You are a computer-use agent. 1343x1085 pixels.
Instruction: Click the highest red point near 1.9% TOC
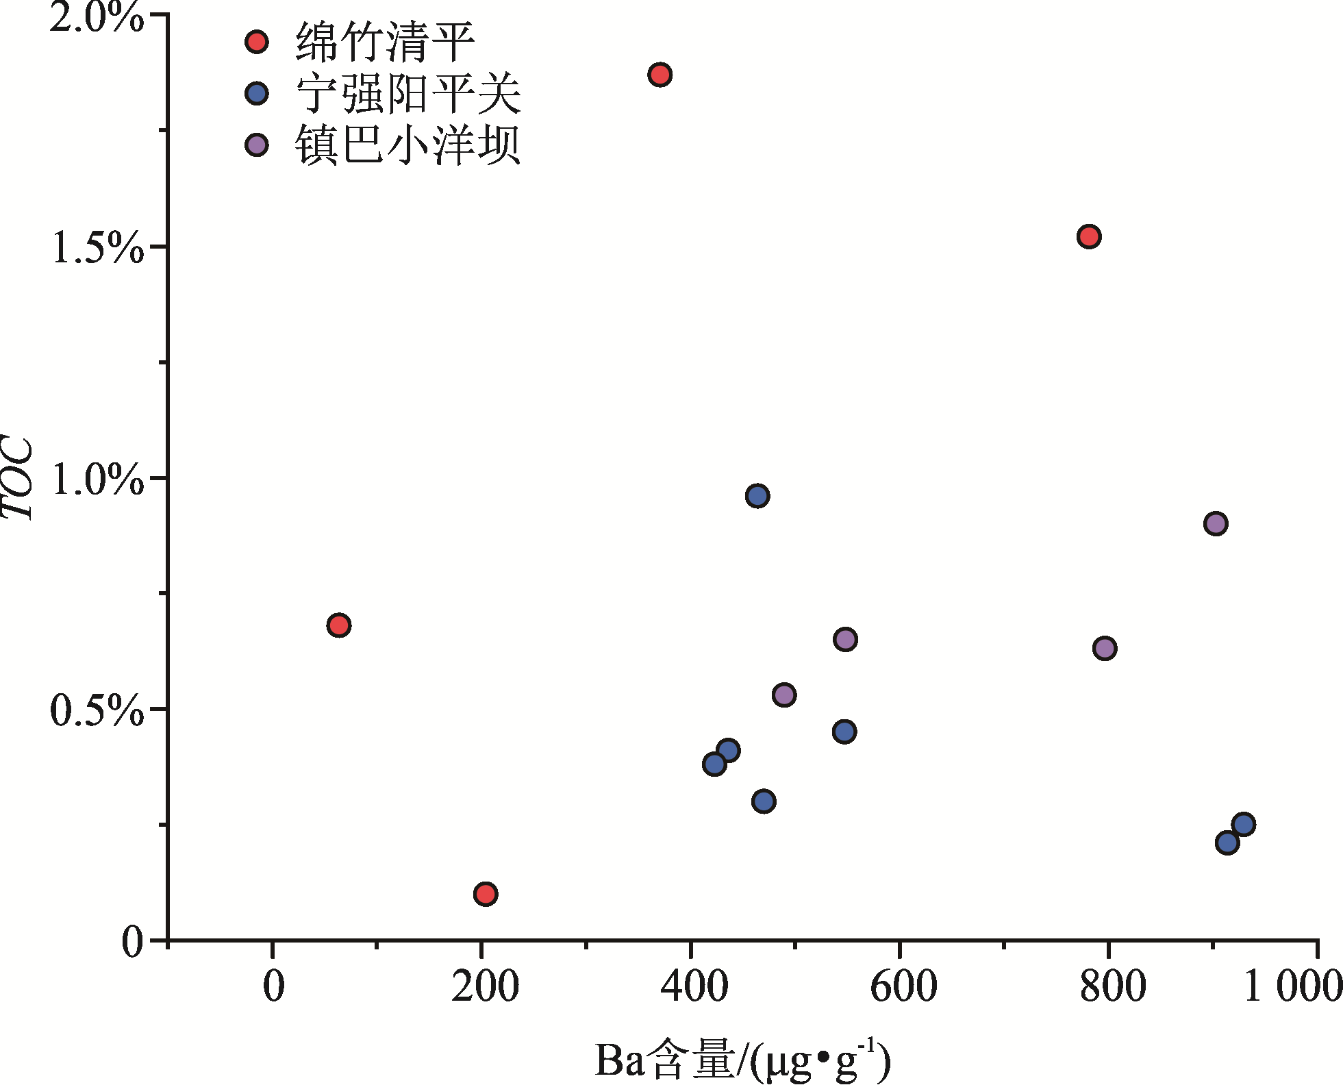660,74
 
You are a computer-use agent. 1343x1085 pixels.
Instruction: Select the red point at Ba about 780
1088,237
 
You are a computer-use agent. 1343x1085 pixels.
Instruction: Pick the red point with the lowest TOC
485,894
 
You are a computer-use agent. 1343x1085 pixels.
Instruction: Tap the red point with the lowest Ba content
338,625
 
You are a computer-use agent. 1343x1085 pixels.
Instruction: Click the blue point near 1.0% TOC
757,495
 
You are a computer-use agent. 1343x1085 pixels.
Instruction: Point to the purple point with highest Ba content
1215,524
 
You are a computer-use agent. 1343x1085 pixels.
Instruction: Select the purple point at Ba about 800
1104,648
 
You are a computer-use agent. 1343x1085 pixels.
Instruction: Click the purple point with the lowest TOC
783,695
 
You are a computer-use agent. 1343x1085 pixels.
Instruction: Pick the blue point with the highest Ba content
1243,824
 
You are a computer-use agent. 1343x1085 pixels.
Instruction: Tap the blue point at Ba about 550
844,732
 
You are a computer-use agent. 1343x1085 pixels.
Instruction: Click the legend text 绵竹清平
385,42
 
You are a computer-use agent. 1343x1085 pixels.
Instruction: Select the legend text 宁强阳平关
408,94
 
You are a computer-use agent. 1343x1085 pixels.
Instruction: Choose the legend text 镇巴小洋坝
408,145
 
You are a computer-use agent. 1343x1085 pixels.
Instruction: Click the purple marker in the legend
257,145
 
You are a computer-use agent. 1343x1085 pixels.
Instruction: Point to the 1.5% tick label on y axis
97,247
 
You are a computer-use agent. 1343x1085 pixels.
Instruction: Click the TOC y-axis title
18,477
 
